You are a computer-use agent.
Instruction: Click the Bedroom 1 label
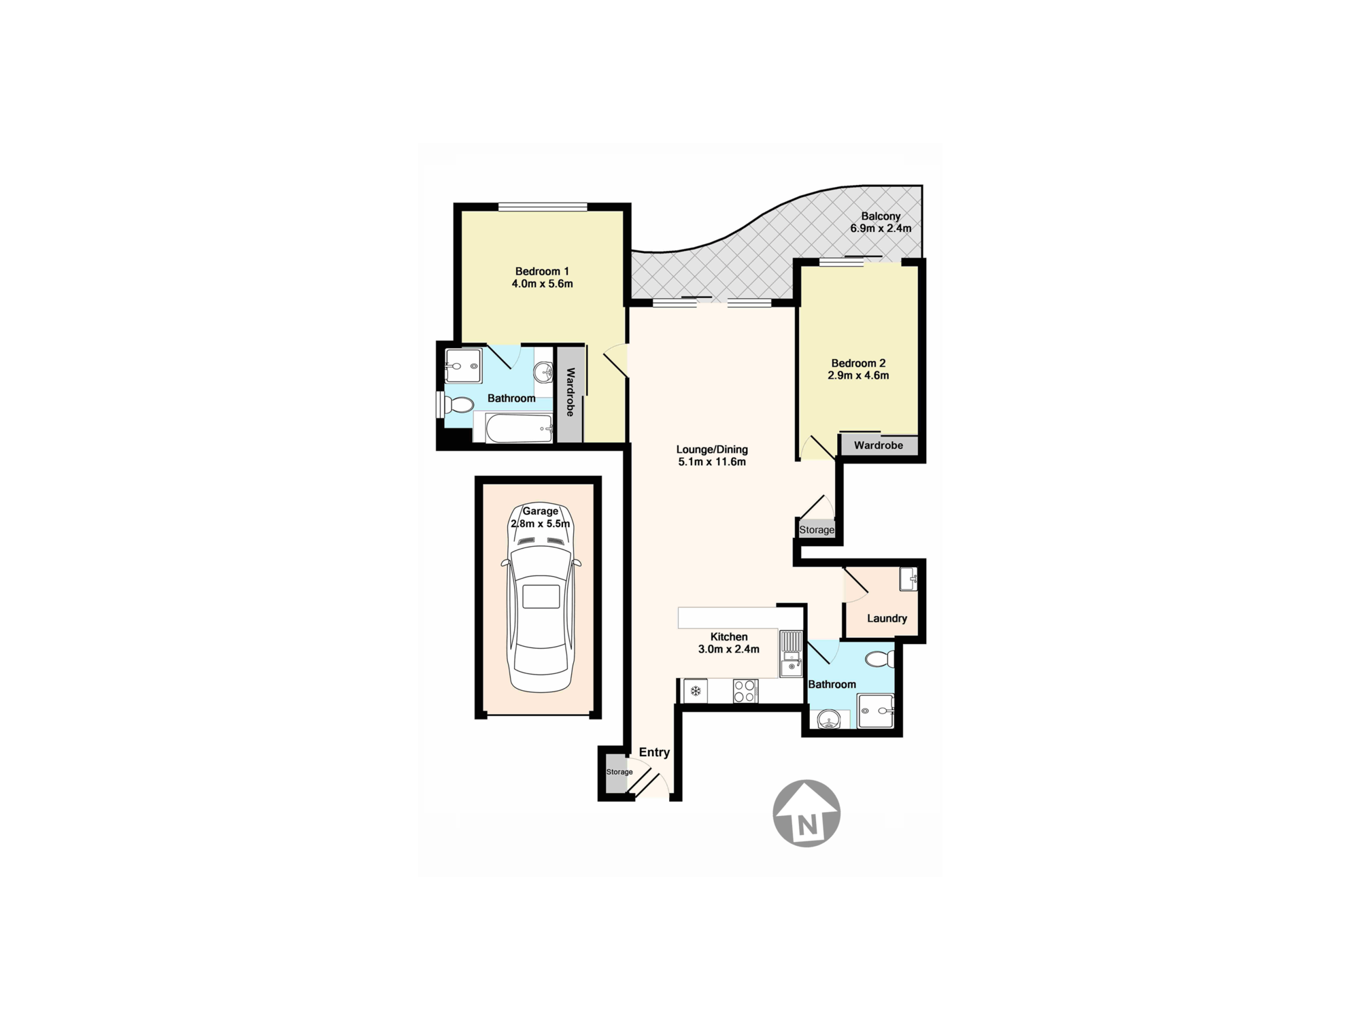(542, 271)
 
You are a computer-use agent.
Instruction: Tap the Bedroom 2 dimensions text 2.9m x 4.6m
(858, 375)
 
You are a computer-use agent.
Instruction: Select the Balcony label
(881, 216)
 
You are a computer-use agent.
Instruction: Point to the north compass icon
(806, 813)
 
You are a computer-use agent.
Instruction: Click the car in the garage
(541, 598)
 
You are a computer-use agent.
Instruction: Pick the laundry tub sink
(908, 579)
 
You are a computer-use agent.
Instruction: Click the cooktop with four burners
(745, 691)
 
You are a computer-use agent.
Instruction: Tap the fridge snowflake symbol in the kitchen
(696, 692)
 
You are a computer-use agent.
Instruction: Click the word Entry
(654, 752)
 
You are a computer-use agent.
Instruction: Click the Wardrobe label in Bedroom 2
(879, 445)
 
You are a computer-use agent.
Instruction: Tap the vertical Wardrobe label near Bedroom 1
(571, 392)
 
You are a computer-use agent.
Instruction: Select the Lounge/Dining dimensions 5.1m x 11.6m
(712, 462)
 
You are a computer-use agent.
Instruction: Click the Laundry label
(887, 618)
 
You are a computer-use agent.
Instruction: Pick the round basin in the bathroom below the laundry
(829, 719)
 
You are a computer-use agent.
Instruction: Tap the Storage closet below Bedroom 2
(817, 529)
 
